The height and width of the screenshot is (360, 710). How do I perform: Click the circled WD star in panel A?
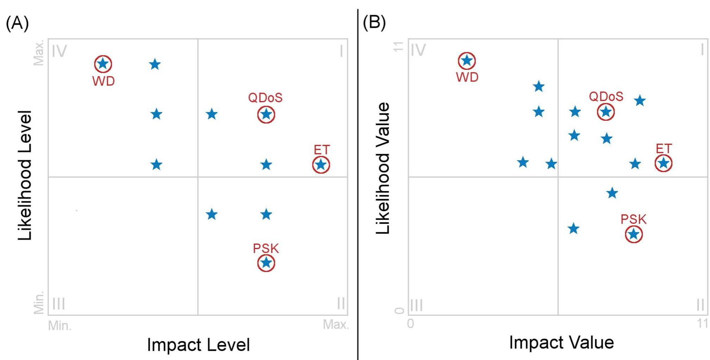[x=103, y=64]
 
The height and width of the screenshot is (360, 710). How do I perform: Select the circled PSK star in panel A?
[x=266, y=263]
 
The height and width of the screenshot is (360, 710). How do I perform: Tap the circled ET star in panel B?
[x=663, y=163]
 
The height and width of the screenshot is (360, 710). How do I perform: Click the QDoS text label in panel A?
[x=265, y=98]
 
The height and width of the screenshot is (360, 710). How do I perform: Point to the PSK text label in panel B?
[x=633, y=220]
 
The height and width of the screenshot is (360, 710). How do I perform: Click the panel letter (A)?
[x=17, y=23]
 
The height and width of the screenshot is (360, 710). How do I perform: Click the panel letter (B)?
[x=374, y=23]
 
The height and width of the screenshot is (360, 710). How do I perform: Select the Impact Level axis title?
[x=198, y=345]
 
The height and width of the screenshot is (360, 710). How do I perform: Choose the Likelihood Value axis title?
[x=383, y=168]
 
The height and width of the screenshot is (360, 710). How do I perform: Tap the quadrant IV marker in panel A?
[x=59, y=52]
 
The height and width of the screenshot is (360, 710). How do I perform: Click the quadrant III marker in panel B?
[x=417, y=305]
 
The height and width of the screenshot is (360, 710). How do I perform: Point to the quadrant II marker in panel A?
[x=341, y=303]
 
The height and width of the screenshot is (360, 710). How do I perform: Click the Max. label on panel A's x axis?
[x=335, y=324]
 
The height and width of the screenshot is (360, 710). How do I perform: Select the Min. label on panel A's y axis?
[x=39, y=302]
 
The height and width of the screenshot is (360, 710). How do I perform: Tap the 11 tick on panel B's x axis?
[x=702, y=323]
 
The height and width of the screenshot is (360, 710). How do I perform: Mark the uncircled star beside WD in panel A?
[x=155, y=65]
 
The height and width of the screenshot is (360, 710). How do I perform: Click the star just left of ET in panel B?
[x=635, y=164]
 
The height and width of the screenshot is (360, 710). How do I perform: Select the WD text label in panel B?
[x=467, y=77]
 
